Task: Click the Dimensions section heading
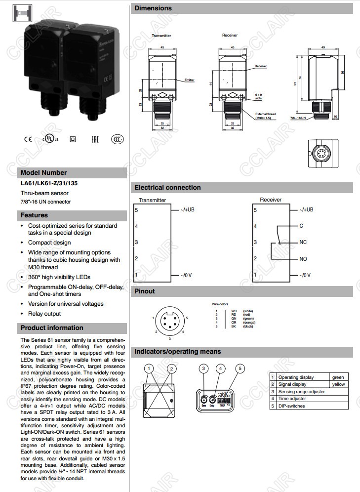pyautogui.click(x=154, y=8)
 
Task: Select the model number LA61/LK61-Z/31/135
pyautogui.click(x=49, y=183)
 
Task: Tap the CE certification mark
pyautogui.click(x=27, y=139)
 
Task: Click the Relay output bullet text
pyautogui.click(x=44, y=314)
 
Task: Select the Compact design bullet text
pyautogui.click(x=49, y=243)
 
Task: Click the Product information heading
pyautogui.click(x=52, y=328)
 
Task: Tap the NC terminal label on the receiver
pyautogui.click(x=303, y=243)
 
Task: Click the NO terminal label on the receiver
pyautogui.click(x=303, y=259)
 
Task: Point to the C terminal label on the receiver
pyautogui.click(x=301, y=226)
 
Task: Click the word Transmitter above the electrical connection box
pyautogui.click(x=153, y=200)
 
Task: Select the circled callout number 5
pyautogui.click(x=240, y=368)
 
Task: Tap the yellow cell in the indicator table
pyautogui.click(x=338, y=384)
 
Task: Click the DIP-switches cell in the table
pyautogui.click(x=292, y=406)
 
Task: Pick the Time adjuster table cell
pyautogui.click(x=292, y=399)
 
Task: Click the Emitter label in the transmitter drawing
pyautogui.click(x=189, y=80)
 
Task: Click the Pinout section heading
pyautogui.click(x=145, y=291)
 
